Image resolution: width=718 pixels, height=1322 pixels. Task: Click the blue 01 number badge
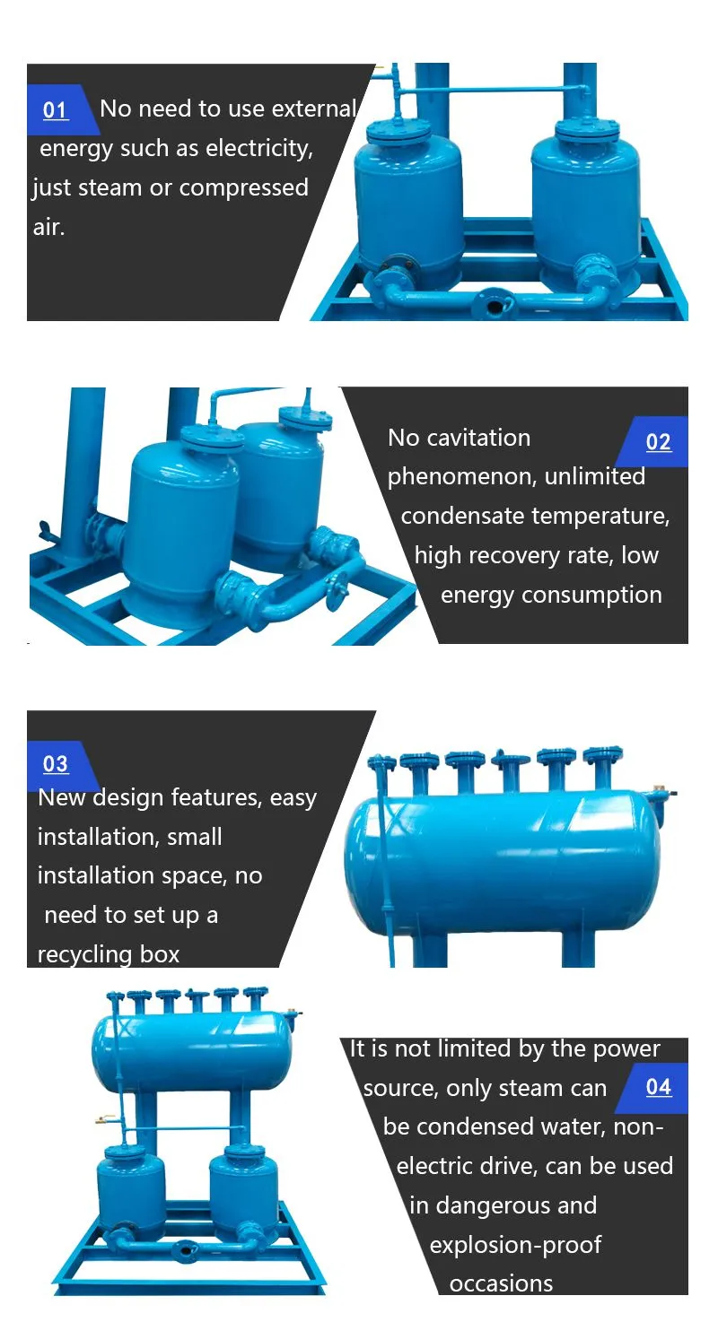point(59,110)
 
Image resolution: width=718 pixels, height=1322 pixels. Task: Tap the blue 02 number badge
point(654,442)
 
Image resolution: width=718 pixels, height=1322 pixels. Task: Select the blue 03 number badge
point(59,765)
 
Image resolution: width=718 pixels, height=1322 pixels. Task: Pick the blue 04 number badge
point(654,1087)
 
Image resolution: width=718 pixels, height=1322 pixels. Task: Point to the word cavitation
point(478,438)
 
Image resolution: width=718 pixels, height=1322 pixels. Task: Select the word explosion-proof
point(515,1245)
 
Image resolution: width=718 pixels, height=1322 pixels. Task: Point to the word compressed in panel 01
point(243,188)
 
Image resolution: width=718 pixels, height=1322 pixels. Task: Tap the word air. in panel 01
point(48,227)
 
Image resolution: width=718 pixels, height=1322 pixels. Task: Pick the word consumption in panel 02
point(591,596)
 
